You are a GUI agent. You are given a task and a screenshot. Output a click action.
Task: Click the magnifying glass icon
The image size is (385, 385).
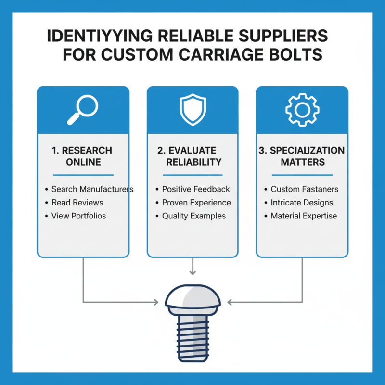click(x=83, y=110)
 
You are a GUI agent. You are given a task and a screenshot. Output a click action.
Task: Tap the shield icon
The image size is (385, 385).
click(x=192, y=110)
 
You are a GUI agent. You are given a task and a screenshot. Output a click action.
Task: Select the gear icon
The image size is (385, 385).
click(x=302, y=110)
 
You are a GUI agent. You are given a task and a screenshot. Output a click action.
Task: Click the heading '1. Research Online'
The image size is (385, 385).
click(x=83, y=156)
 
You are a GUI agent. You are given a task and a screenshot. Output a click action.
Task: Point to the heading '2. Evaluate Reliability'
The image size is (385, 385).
click(x=192, y=156)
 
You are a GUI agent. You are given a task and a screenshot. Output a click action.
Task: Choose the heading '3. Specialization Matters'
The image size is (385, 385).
click(x=302, y=156)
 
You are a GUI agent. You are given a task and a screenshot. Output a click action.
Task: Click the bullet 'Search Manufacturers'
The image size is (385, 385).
click(x=92, y=189)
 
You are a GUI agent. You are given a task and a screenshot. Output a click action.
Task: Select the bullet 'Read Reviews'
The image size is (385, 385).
click(x=77, y=203)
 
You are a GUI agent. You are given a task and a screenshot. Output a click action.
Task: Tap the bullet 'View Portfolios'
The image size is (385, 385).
click(x=78, y=216)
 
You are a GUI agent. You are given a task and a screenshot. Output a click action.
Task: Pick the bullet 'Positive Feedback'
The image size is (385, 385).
click(x=196, y=189)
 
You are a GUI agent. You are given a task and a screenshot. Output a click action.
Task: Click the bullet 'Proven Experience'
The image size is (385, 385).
click(x=196, y=203)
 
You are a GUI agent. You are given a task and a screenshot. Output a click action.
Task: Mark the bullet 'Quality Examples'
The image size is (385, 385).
click(x=194, y=216)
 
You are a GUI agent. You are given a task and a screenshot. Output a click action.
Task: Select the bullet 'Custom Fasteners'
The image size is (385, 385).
click(x=304, y=189)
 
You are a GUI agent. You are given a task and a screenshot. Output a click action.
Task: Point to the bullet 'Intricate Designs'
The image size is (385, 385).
click(x=302, y=203)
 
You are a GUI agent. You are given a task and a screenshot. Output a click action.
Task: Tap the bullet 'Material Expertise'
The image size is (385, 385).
click(x=304, y=216)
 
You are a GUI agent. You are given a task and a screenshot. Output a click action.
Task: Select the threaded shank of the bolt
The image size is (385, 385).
click(x=192, y=332)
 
